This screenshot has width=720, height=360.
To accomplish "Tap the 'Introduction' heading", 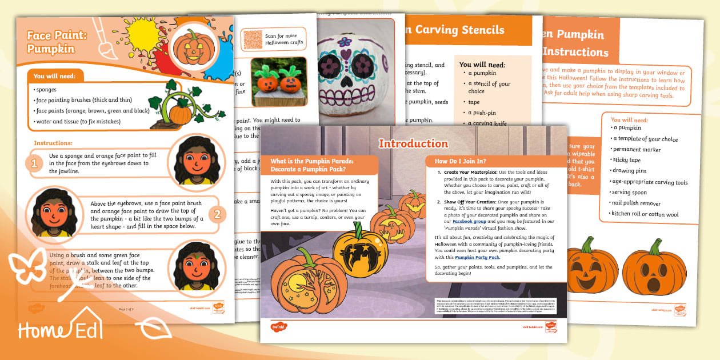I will tap(413, 143).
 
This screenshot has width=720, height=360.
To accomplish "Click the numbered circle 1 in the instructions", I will tap(34, 164).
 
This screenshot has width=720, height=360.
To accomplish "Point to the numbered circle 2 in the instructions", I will tap(217, 215).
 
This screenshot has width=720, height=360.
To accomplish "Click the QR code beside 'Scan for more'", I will tap(252, 39).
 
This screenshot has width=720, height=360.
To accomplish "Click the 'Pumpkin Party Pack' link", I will tap(477, 258).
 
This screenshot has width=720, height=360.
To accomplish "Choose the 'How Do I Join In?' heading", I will tap(461, 161).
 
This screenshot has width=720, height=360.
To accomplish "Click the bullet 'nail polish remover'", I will tap(636, 203).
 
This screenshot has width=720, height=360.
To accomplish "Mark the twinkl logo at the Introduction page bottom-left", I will tap(279, 327).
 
